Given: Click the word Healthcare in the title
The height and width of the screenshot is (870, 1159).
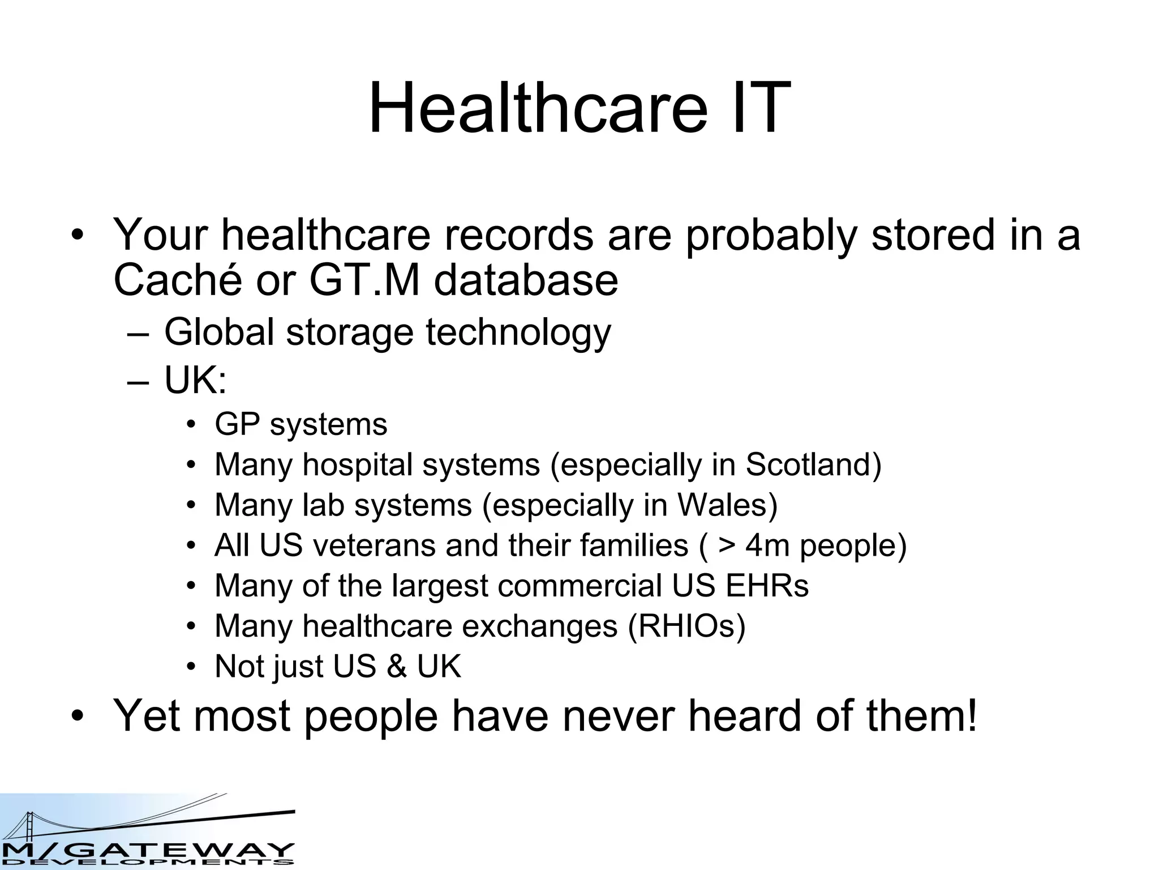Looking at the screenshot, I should pos(538,108).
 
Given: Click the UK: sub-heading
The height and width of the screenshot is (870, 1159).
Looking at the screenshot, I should pos(195,380).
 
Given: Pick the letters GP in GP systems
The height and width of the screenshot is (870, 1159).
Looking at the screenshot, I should pos(237,424).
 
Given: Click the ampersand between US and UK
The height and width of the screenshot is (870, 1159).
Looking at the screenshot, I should pos(397,666).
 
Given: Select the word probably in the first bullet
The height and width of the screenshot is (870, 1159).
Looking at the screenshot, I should pos(771,235).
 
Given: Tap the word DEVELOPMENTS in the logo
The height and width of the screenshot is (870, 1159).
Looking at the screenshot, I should pos(147,863).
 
